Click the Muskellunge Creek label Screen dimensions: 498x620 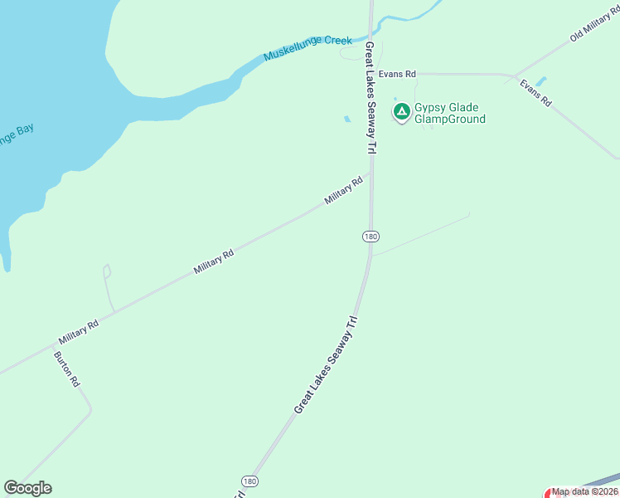click(308, 48)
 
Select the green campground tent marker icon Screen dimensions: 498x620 click(402, 111)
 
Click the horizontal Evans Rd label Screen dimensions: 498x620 click(397, 74)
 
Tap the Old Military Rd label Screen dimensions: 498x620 click(594, 28)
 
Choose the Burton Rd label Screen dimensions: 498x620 click(66, 369)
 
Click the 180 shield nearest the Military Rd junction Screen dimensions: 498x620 click(371, 237)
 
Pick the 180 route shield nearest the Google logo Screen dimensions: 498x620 click(249, 481)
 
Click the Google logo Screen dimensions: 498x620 click(27, 488)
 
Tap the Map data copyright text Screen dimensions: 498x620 click(585, 491)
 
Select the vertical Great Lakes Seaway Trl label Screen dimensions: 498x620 click(371, 98)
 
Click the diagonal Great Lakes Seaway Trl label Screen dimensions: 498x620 click(326, 365)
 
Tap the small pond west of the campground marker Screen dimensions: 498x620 click(346, 120)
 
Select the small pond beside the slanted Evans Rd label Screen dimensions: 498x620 click(541, 81)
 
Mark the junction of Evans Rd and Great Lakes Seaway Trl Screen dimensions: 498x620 click(371, 74)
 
